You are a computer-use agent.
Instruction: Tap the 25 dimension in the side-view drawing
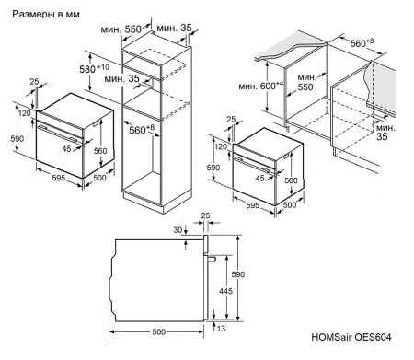pos(207,217)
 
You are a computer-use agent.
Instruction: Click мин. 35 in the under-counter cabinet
pos(385,132)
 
